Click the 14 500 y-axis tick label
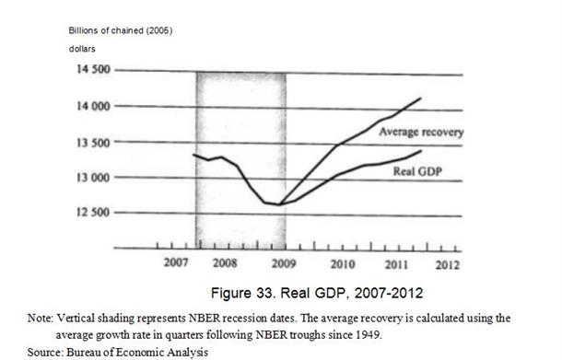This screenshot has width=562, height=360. [x=94, y=69]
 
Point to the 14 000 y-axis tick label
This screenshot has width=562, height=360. [x=94, y=106]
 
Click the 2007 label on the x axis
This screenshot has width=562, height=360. [x=176, y=262]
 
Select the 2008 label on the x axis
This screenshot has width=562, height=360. [x=225, y=263]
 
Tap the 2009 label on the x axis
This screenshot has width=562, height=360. [x=284, y=263]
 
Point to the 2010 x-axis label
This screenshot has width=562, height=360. [x=343, y=264]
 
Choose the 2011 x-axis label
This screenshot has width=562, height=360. [x=396, y=265]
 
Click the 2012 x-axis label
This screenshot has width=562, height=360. [x=448, y=265]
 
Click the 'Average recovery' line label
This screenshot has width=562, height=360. [x=422, y=133]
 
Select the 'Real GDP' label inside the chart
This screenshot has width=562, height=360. [x=418, y=171]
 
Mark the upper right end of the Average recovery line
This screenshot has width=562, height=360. [x=421, y=98]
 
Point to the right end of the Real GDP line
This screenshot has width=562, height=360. [x=421, y=150]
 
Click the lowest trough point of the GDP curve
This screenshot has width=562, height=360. [x=279, y=204]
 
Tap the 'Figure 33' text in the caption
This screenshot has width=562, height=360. [x=243, y=293]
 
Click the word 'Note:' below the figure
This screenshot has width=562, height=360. [x=41, y=318]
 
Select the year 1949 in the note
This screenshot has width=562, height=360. [x=369, y=335]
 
